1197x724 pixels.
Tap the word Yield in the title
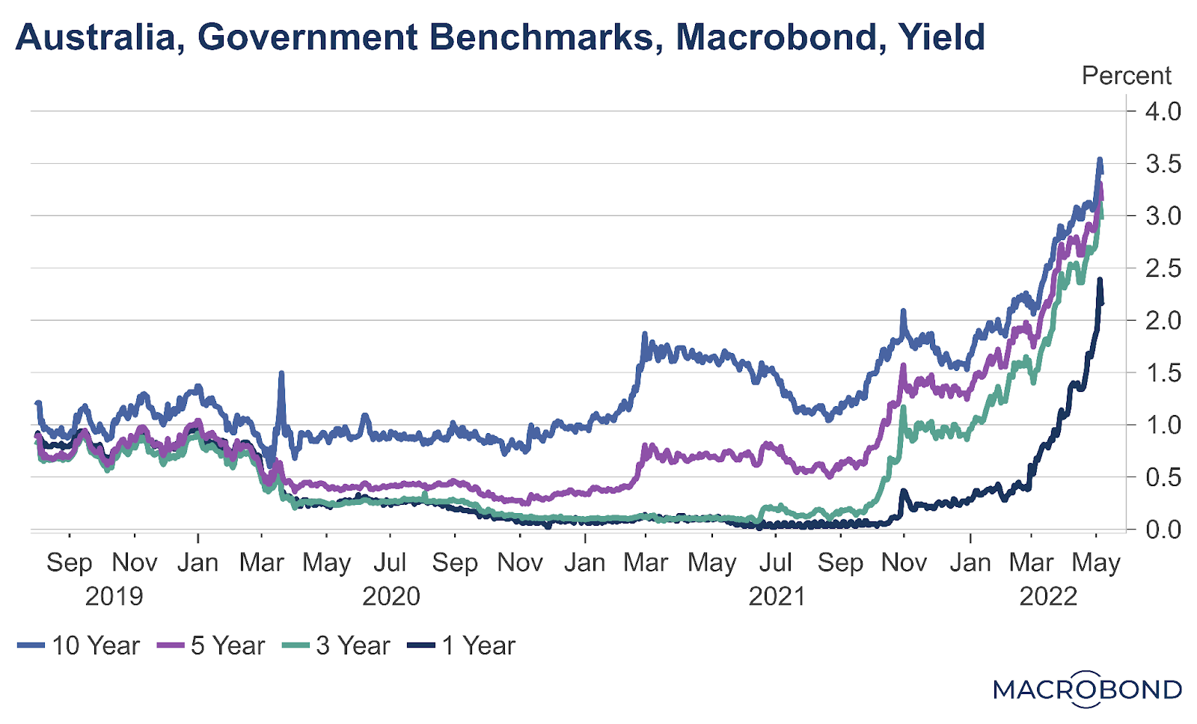(942, 37)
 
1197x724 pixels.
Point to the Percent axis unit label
(1126, 76)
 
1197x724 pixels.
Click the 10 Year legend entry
(79, 645)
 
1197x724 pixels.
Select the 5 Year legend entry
(211, 645)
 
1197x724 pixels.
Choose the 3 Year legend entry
(337, 645)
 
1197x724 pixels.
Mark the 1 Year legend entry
(462, 645)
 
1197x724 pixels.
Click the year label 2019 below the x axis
(114, 596)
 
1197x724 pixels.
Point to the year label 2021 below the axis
(777, 596)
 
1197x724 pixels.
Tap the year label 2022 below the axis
(1048, 596)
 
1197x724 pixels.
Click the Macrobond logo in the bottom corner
(1087, 689)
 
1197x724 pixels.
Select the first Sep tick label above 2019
(69, 562)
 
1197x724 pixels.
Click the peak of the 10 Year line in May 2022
(1099, 159)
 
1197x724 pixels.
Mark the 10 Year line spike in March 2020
(281, 372)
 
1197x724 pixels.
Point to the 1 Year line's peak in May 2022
(1100, 280)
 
